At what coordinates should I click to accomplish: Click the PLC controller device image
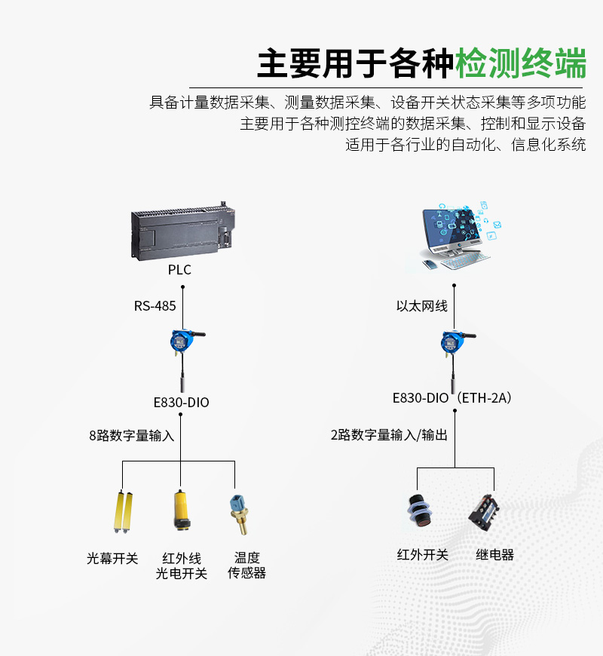pos(182,231)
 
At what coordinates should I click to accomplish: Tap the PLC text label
pos(179,270)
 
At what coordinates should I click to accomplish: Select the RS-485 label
pos(155,306)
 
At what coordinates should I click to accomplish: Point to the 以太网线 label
pos(422,306)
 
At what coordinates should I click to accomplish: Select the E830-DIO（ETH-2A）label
pos(452,398)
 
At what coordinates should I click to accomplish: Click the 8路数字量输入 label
pos(131,436)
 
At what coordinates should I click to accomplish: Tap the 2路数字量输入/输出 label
pos(389,435)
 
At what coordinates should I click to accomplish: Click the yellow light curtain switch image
pos(123,512)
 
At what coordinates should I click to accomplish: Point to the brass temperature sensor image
pos(240,514)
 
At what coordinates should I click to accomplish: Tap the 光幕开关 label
pos(112,559)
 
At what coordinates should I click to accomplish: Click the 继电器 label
pos(494,555)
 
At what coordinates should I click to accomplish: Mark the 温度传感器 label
pos(246,566)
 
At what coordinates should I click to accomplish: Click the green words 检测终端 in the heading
pos(521,63)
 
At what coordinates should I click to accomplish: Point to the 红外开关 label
pos(422,555)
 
